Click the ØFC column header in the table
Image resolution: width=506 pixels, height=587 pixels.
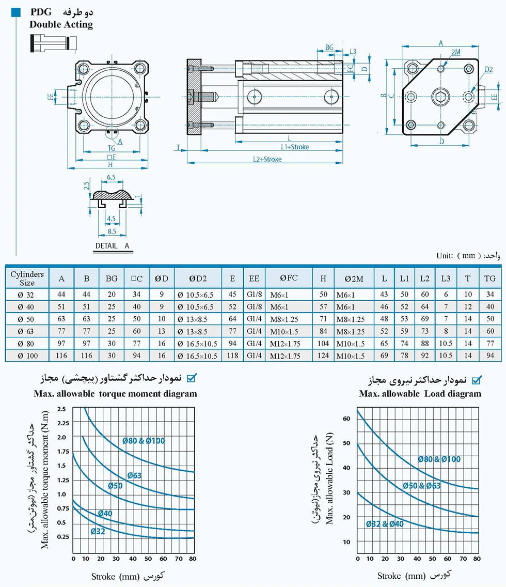pyautogui.click(x=289, y=278)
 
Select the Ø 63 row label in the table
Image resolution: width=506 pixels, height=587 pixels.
pyautogui.click(x=26, y=331)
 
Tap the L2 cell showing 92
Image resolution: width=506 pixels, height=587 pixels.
pyautogui.click(x=424, y=356)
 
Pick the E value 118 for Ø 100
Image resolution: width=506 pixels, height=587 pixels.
pyautogui.click(x=232, y=356)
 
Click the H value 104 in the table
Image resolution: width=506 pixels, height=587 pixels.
pyautogui.click(x=323, y=343)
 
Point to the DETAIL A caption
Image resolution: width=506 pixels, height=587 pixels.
pyautogui.click(x=112, y=246)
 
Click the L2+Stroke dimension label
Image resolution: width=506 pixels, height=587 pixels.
pyautogui.click(x=267, y=159)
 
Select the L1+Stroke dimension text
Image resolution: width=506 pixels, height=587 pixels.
pyautogui.click(x=295, y=147)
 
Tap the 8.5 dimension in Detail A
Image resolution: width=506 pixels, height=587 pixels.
pyautogui.click(x=112, y=231)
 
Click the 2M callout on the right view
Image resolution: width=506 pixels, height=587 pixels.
pyautogui.click(x=456, y=52)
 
